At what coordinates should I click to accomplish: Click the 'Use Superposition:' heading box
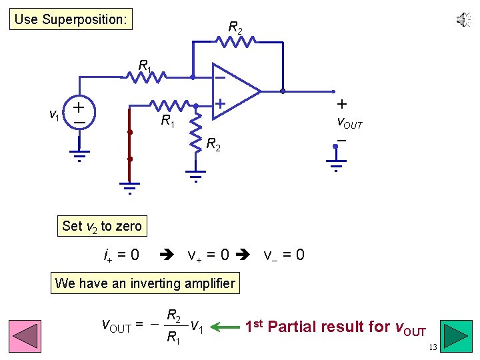click(71, 19)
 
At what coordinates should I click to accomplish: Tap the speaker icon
click(463, 20)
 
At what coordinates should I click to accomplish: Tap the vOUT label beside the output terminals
click(349, 123)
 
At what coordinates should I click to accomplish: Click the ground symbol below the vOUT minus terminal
click(335, 165)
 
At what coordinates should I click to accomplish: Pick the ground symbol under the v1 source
click(79, 156)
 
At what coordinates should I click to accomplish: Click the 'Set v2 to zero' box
click(101, 226)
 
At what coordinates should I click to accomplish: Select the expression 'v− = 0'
click(284, 255)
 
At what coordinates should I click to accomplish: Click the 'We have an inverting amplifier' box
click(145, 283)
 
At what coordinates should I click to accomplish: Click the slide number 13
click(433, 347)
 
